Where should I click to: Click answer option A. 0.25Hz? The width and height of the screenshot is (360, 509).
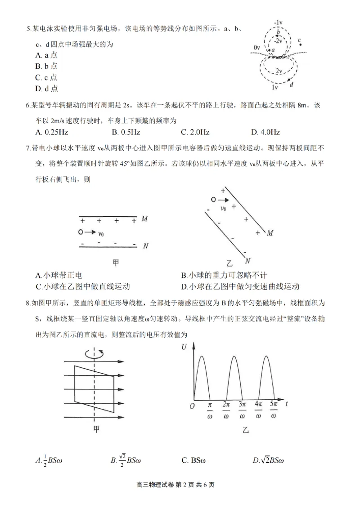(51, 132)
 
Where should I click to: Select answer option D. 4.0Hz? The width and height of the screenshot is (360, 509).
(266, 132)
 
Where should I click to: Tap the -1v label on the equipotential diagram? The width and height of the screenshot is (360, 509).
(278, 22)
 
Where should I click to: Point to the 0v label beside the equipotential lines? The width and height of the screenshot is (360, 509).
(257, 47)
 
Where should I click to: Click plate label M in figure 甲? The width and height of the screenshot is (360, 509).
(144, 219)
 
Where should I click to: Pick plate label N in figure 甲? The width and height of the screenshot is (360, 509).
(145, 246)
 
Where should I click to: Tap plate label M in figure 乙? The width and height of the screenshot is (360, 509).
(270, 233)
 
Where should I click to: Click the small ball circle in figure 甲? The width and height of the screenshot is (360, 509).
(80, 232)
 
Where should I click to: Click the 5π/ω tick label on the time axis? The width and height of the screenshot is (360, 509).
(274, 410)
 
